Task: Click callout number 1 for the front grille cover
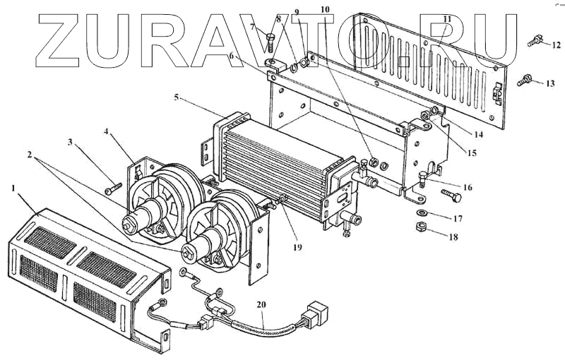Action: tap(13, 188)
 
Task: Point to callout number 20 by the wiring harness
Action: tap(261, 305)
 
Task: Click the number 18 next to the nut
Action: tap(453, 237)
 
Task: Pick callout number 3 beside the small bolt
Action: tap(71, 143)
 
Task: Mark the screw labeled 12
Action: tap(535, 42)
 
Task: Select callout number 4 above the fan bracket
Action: tap(107, 131)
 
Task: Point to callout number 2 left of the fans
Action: tap(30, 153)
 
